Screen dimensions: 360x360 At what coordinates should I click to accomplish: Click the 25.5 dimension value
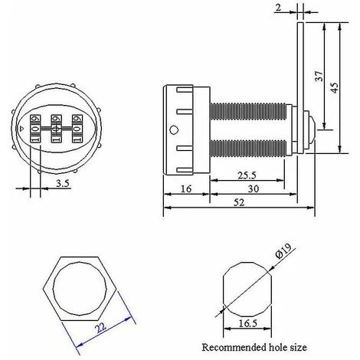coord(247,175)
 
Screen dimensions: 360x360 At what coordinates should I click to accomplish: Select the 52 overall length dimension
coord(239,202)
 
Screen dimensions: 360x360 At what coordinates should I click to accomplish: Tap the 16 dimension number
coord(186,189)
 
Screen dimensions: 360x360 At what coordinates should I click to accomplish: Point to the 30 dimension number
coord(254,189)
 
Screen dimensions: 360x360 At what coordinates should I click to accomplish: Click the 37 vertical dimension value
coord(319,76)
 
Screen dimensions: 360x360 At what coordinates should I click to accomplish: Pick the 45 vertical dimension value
coord(334,87)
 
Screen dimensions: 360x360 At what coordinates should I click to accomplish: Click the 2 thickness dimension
coord(278,8)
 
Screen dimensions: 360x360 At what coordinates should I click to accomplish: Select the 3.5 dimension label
coord(63,183)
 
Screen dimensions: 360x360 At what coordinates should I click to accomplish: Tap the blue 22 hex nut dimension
coord(101,328)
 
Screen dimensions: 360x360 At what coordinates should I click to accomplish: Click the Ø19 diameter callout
coord(283,251)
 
